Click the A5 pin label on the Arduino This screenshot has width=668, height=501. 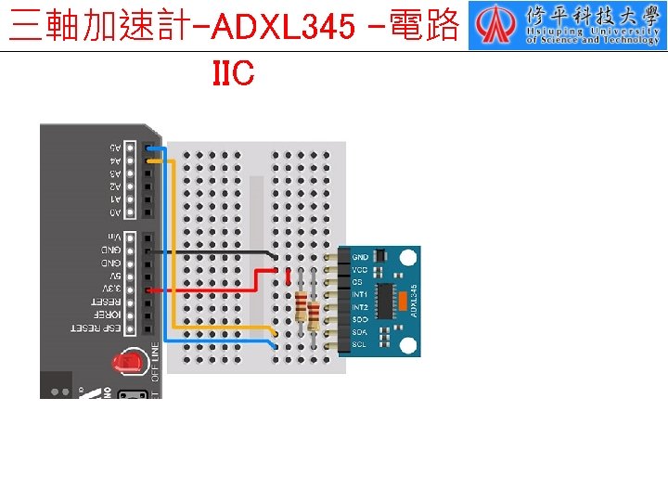(115, 148)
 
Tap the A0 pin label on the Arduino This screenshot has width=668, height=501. (115, 212)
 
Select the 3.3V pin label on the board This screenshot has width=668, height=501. (112, 289)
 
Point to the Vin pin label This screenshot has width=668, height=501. (113, 238)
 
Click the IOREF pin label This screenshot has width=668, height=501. (108, 315)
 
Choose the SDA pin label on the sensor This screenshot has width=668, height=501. (359, 331)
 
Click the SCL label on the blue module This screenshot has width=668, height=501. (359, 344)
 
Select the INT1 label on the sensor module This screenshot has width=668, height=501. (360, 294)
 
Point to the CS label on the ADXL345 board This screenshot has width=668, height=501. (357, 281)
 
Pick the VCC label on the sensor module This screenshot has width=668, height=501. (359, 268)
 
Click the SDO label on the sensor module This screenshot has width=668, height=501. (359, 319)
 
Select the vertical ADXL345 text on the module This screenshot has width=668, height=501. (414, 300)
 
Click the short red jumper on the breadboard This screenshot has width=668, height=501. (289, 276)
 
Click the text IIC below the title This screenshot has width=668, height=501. (233, 73)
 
